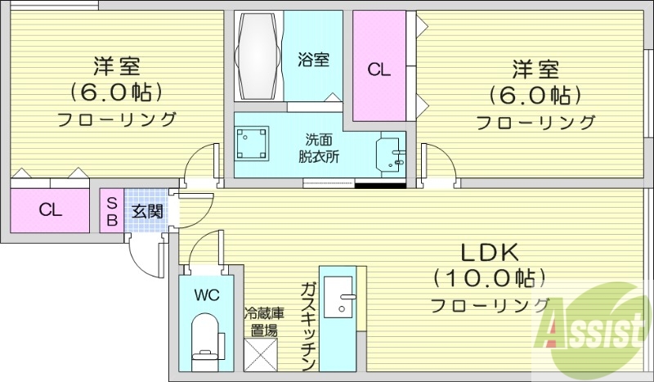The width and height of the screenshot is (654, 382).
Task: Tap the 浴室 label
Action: tap(313, 59)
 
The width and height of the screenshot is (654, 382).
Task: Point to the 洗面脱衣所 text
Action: tap(318, 146)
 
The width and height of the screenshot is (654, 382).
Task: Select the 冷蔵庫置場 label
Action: tap(264, 321)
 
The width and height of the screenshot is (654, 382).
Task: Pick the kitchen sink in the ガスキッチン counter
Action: tap(338, 296)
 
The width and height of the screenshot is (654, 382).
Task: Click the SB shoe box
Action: tap(112, 210)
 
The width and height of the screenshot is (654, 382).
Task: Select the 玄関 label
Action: tap(148, 211)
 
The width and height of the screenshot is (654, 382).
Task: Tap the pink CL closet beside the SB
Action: tap(51, 210)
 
